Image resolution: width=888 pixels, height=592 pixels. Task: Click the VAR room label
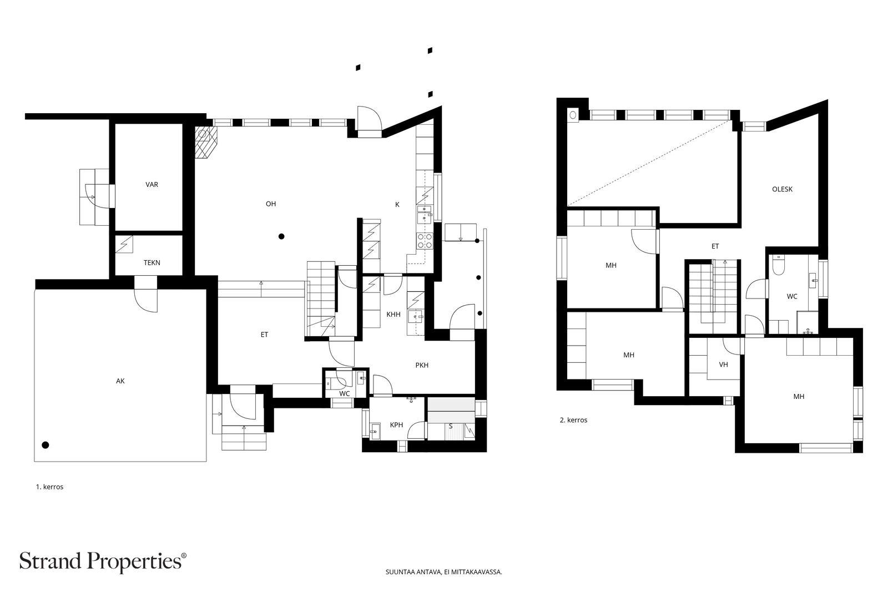pos(152,185)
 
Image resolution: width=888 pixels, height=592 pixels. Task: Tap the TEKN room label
pos(152,263)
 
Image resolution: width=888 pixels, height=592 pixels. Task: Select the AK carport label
pos(120,381)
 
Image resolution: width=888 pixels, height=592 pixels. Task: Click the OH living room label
pos(271,204)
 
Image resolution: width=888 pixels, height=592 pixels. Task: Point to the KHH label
pos(393,315)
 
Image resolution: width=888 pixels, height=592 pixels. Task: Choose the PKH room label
pos(422,365)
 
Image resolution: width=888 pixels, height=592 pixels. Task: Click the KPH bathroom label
pos(396,425)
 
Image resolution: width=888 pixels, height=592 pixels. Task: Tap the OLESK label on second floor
pos(782,189)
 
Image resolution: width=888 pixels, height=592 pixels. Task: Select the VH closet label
pos(723,365)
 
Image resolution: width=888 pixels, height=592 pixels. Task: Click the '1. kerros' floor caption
pos(49,487)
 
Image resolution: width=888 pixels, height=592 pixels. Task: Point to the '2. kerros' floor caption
pos(573,420)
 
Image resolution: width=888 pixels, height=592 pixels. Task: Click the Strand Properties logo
pos(103,561)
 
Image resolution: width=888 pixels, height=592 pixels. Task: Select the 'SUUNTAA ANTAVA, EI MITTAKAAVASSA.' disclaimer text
pos(443,572)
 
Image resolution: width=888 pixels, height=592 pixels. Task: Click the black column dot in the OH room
pos(281,236)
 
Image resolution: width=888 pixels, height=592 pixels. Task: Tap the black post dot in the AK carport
pos(46,445)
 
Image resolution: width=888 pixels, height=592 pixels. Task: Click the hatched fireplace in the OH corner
pos(206,143)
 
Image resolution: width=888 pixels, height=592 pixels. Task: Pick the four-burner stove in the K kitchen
pos(424,241)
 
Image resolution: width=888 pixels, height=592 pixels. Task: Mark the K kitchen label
pos(397,205)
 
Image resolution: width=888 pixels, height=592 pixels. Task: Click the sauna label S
pos(450,426)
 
